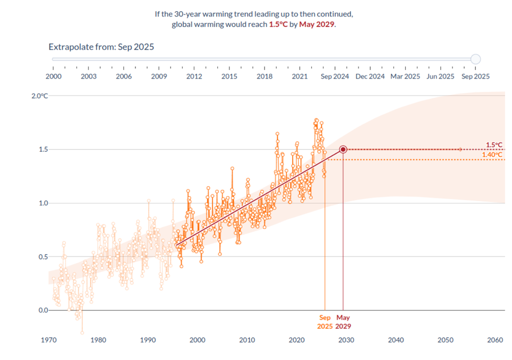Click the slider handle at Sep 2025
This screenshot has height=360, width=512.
(475, 59)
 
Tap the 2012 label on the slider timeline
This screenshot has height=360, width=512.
(194, 76)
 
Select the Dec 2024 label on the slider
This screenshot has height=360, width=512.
(370, 76)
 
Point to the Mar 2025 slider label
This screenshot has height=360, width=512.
(405, 76)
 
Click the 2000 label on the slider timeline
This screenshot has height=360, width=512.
(53, 76)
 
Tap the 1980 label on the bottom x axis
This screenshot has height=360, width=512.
(97, 340)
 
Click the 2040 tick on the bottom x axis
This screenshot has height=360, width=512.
(396, 340)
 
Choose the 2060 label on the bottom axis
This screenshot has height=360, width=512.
(495, 340)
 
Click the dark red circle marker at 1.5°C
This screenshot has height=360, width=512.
(343, 150)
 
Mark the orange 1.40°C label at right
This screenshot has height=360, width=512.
(492, 155)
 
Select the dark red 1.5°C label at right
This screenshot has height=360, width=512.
(494, 144)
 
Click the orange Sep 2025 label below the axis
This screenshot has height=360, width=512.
(325, 322)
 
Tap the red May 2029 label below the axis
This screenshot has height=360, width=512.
(343, 322)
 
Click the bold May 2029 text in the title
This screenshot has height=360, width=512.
(317, 24)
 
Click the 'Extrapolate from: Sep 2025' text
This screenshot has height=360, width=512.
(101, 47)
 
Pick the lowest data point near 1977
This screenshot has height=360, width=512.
(82, 332)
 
